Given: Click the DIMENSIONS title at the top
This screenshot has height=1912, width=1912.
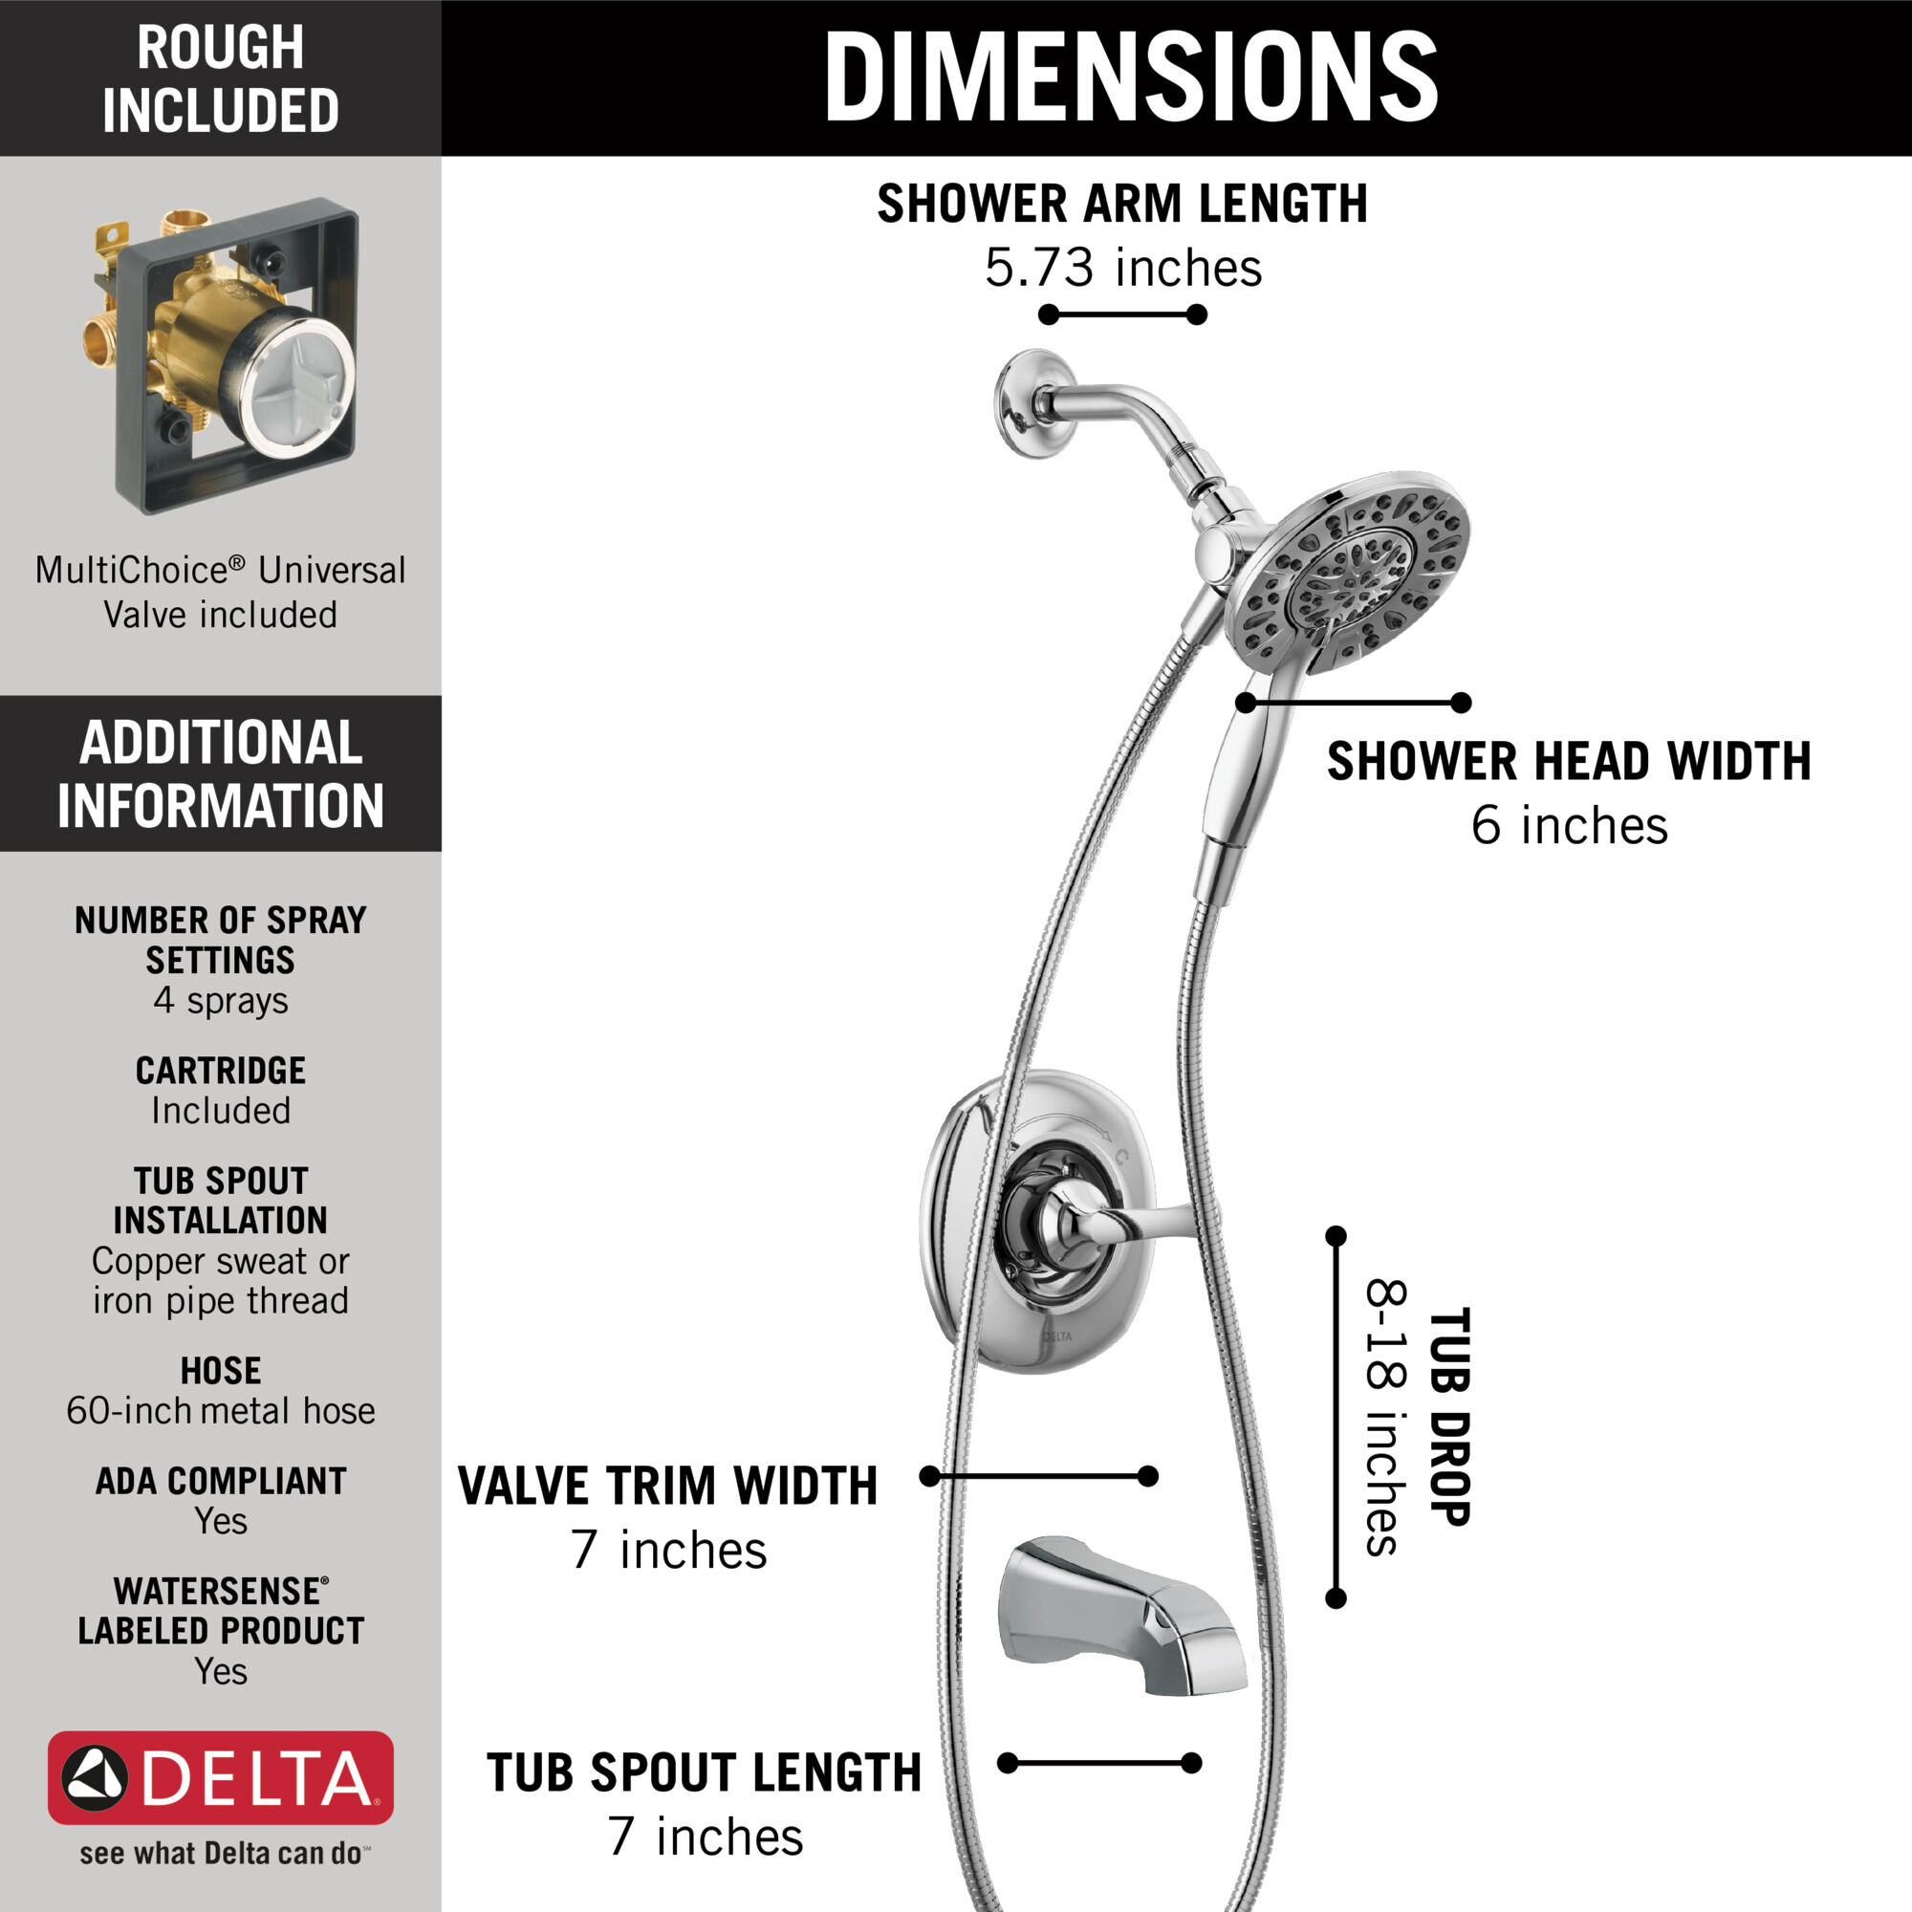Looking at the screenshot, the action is (x=1130, y=77).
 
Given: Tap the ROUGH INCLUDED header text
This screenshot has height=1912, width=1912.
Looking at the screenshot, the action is (x=221, y=78).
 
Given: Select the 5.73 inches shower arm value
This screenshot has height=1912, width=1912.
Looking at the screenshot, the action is (x=1123, y=268).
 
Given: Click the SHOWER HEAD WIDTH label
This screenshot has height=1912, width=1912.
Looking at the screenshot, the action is (x=1569, y=762).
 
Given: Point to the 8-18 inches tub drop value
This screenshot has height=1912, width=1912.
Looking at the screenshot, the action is (x=1386, y=1417).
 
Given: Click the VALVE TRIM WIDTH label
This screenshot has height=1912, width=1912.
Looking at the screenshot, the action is (x=668, y=1487).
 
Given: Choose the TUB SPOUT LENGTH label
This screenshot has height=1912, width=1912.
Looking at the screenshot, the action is (x=704, y=1772).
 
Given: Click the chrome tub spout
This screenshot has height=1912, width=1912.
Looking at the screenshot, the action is (x=1123, y=1615).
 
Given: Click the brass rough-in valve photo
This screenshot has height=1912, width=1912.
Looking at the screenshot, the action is (x=228, y=357).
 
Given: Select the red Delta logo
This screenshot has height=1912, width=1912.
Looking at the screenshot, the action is (x=221, y=1777).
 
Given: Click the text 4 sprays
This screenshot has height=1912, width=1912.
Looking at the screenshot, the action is (x=221, y=1001).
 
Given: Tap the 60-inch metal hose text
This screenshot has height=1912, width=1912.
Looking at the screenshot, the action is (x=221, y=1410).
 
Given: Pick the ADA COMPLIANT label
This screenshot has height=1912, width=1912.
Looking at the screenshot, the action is (x=221, y=1481).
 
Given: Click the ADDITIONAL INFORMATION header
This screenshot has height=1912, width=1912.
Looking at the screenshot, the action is (x=221, y=774).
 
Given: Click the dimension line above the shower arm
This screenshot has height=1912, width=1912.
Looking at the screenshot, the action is (x=1123, y=315).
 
